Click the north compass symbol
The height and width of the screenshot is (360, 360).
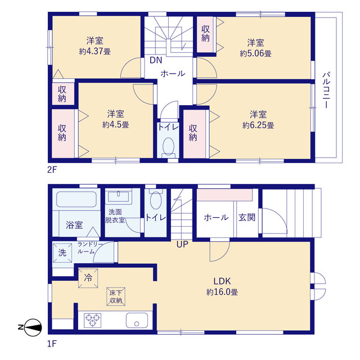(30, 327)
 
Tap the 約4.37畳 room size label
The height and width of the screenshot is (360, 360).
(95, 51)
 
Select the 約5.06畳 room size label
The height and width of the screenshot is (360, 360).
(255, 53)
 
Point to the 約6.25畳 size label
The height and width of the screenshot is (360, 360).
(258, 125)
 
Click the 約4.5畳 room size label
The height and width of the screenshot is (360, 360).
(116, 125)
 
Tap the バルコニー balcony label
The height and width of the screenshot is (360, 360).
(326, 90)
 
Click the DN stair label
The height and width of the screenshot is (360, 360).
(156, 60)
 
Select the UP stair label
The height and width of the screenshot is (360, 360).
(182, 245)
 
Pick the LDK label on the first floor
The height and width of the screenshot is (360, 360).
(222, 281)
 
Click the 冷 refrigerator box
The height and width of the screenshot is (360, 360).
(88, 278)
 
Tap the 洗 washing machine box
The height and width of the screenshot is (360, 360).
(62, 253)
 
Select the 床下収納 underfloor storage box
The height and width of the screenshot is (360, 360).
(116, 296)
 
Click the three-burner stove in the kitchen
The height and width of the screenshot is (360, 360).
(92, 320)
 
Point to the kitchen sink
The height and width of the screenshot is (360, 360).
(137, 320)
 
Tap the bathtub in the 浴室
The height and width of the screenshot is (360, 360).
(76, 199)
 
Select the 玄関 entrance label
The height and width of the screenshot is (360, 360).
(247, 217)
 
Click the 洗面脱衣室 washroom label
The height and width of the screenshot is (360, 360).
(115, 216)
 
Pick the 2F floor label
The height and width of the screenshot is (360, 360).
(52, 170)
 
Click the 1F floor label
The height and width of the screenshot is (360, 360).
(52, 344)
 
